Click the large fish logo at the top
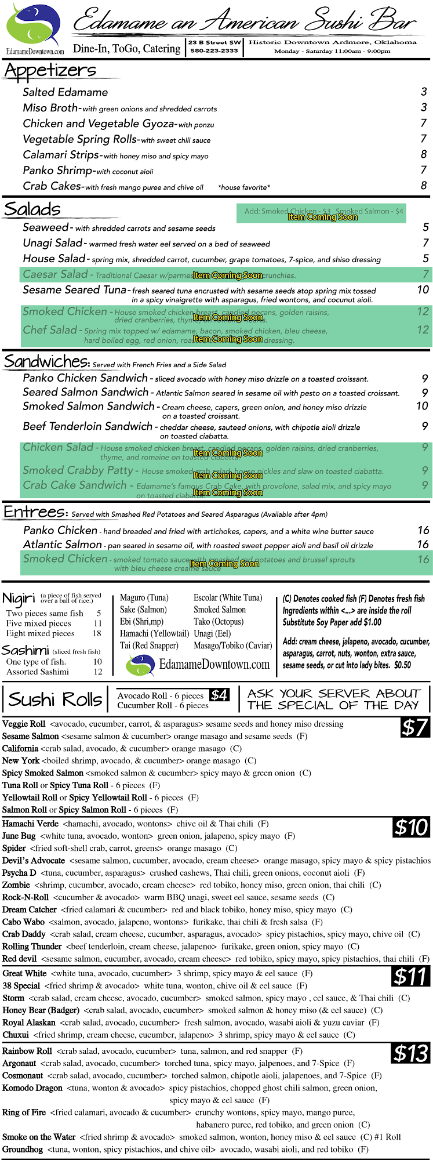pos(33,24)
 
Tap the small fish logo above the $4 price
pos(141,665)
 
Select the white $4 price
pos(219,695)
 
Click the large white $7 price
pos(414,727)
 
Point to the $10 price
pos(411,827)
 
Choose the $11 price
pos(410,977)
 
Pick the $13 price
pos(410,1053)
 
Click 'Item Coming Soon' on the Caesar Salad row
pos(227,275)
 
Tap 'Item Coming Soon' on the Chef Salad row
pos(227,339)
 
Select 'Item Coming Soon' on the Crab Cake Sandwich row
pos(227,492)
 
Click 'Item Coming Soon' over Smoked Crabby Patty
pos(227,475)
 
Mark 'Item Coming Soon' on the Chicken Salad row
pos(227,453)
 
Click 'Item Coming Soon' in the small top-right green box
pos(322,217)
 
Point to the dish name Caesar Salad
pos(56,274)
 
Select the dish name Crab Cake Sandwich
pos(75,485)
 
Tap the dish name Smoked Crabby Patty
pos(78,470)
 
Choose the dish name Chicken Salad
pos(58,447)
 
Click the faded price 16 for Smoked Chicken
pos(423,560)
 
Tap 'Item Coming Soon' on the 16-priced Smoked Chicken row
pos(224,564)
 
